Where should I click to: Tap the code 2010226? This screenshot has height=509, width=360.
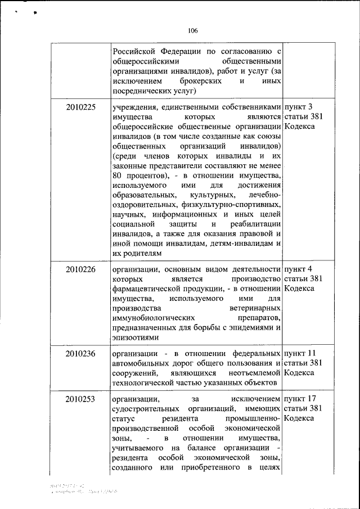click(x=80, y=269)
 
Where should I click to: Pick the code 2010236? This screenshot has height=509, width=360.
click(x=80, y=353)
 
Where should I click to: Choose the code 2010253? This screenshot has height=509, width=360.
click(x=80, y=399)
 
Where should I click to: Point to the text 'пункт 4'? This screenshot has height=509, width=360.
click(x=299, y=269)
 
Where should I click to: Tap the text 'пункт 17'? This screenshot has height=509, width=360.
click(x=301, y=399)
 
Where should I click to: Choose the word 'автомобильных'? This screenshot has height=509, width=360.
click(x=141, y=363)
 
